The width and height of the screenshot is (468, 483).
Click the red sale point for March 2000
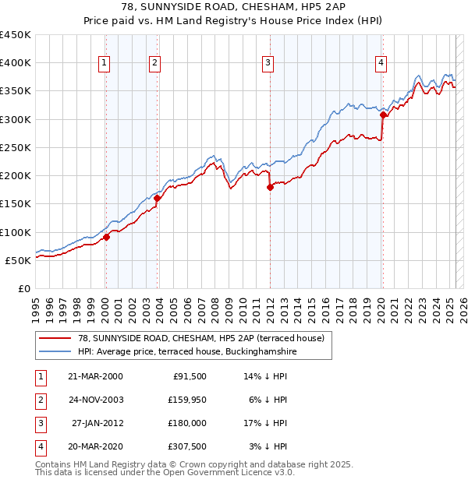click(x=106, y=238)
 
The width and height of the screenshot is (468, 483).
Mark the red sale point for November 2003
click(x=157, y=199)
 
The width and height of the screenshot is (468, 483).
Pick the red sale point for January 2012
click(x=270, y=187)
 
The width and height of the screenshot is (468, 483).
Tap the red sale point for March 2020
click(x=383, y=115)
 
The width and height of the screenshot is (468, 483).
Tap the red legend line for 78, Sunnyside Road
click(x=54, y=338)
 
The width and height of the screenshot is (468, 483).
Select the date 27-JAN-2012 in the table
click(x=97, y=423)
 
